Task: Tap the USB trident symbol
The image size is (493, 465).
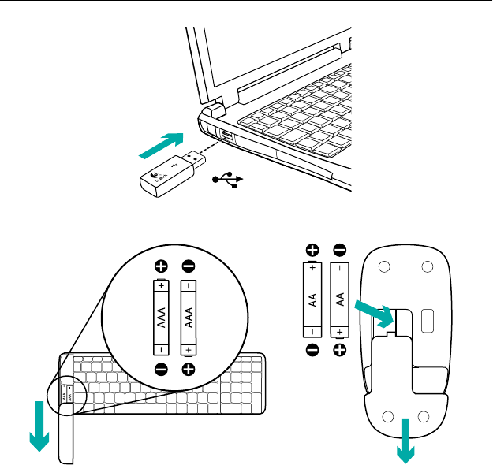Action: (x=230, y=180)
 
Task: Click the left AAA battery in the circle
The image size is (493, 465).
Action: (x=161, y=318)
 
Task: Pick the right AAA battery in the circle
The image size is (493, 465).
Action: (x=189, y=318)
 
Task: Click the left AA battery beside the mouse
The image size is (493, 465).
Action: (x=313, y=299)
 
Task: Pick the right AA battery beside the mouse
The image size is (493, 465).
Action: (x=340, y=299)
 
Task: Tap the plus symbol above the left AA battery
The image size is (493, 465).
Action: (x=313, y=251)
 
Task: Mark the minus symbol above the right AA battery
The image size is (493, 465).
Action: (x=340, y=251)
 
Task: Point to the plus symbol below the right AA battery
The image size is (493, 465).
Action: (x=340, y=351)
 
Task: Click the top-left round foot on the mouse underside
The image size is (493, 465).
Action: (x=384, y=267)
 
